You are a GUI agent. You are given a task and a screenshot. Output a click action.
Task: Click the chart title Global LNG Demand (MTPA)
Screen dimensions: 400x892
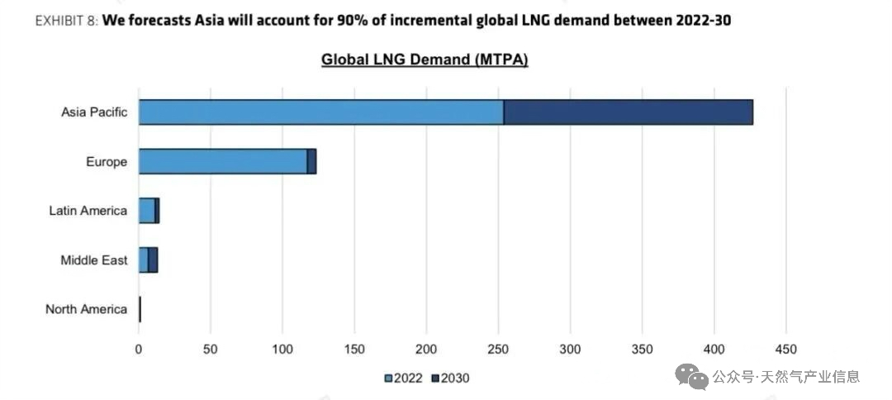click(x=425, y=60)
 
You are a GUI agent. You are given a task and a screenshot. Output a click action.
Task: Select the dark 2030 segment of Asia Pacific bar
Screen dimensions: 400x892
click(x=628, y=112)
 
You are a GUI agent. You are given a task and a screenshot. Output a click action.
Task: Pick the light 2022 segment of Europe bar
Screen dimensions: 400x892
click(x=222, y=161)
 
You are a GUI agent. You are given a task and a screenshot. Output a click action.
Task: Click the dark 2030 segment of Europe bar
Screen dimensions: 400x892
click(x=312, y=161)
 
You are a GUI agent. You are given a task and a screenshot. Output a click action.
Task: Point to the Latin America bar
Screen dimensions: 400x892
click(x=149, y=211)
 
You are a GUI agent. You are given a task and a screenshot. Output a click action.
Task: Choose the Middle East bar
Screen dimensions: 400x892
click(x=148, y=260)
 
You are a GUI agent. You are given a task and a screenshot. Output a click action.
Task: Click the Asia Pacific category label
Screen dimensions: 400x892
click(x=94, y=112)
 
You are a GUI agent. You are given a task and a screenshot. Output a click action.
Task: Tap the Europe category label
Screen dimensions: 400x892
click(x=107, y=162)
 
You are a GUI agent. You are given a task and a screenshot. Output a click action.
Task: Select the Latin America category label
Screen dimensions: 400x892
click(x=88, y=211)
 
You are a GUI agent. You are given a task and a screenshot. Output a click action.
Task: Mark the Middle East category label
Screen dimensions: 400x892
click(x=94, y=260)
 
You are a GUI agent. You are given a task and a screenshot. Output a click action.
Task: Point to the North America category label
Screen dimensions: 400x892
click(x=87, y=309)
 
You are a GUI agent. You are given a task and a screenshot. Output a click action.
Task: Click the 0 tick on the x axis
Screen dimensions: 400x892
click(x=139, y=349)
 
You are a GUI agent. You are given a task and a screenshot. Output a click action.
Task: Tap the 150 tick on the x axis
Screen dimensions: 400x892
click(x=354, y=349)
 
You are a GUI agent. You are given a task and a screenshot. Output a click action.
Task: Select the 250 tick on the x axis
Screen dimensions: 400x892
click(x=498, y=349)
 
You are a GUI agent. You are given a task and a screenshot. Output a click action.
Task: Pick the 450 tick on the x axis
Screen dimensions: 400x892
click(x=785, y=349)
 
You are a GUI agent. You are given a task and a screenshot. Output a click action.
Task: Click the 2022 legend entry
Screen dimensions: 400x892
click(x=405, y=379)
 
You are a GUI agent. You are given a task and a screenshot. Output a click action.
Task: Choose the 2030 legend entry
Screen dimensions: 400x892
click(x=450, y=379)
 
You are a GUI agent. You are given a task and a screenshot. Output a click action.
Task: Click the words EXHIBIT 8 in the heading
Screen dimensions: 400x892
click(x=65, y=21)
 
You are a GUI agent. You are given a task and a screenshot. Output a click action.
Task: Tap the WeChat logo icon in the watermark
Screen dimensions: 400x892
click(x=691, y=377)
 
